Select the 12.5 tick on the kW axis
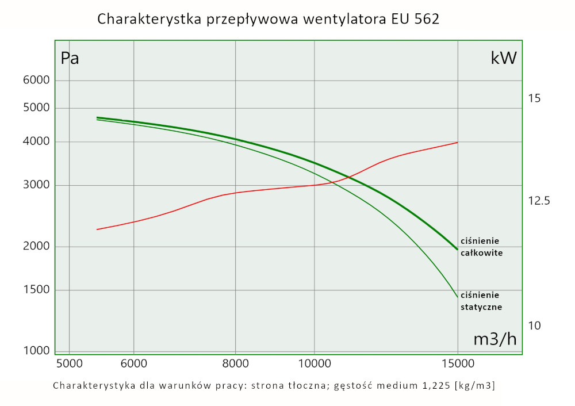(538, 201)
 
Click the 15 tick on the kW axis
(534, 98)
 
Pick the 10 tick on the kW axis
(534, 325)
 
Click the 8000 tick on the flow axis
(235, 363)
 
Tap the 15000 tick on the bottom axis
(457, 363)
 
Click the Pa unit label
(70, 59)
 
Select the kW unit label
(503, 58)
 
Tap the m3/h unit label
(494, 339)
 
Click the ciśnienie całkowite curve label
(481, 247)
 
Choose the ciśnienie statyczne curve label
(481, 301)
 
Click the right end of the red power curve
(457, 142)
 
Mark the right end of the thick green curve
(457, 250)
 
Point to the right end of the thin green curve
(457, 297)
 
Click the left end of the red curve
(97, 229)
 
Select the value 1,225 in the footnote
(432, 385)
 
